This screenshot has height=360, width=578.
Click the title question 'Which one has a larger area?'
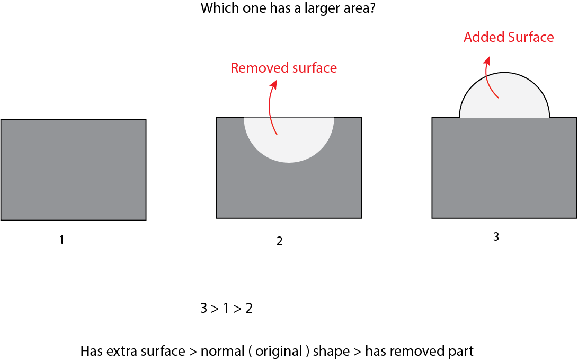pos(288,9)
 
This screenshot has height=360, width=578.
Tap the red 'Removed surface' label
pos(283,68)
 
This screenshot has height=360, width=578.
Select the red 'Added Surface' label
pos(508,37)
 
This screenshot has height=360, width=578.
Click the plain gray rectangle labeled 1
pos(73,170)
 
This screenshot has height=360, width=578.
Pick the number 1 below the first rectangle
pos(61,240)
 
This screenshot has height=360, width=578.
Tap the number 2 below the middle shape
pos(279,241)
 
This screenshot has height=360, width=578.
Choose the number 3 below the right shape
pos(496,237)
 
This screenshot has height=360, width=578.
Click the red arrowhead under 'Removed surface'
pos(273,83)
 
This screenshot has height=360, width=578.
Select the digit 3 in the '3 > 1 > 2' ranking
pos(204,309)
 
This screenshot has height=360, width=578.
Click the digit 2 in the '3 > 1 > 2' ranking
pos(248,309)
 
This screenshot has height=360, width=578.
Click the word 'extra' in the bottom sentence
pos(118,351)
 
